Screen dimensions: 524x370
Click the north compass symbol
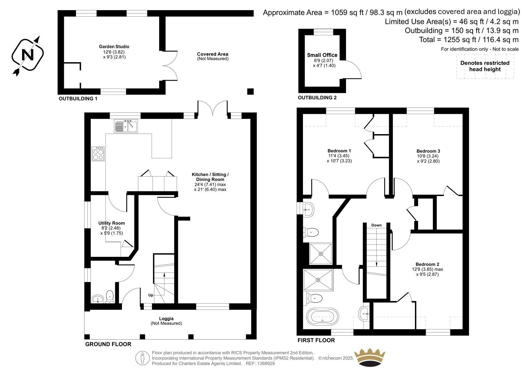tap(28, 55)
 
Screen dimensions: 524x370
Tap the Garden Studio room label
tap(114, 46)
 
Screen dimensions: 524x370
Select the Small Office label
tap(322, 55)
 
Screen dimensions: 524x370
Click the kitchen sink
tap(126, 126)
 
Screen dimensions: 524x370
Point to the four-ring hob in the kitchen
tap(98, 154)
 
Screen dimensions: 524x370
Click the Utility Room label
tap(112, 223)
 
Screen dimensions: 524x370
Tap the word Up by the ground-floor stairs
tap(151, 295)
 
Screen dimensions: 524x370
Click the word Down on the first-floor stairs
tap(376, 225)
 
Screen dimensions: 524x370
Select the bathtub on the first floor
tap(322, 315)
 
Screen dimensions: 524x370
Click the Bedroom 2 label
tap(427, 264)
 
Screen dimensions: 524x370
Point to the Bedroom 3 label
tap(428, 151)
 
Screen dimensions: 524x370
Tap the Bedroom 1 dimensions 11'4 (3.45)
tap(339, 156)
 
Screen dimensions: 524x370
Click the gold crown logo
tap(370, 357)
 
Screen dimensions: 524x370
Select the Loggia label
tap(166, 318)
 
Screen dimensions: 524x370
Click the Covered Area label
tap(213, 54)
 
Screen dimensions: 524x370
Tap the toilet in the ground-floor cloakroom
tap(110, 296)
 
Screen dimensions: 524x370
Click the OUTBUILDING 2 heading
tap(317, 97)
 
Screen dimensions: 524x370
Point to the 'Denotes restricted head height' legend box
tap(485, 66)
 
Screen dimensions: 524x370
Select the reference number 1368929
tap(266, 363)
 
